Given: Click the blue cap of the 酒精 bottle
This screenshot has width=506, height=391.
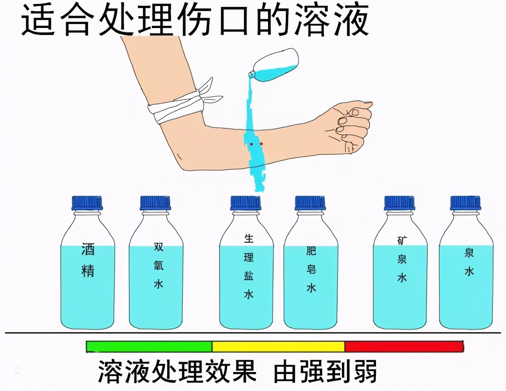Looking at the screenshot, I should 87,203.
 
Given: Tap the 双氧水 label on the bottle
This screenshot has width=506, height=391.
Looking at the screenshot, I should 159,265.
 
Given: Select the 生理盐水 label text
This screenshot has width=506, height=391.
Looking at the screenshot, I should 249,267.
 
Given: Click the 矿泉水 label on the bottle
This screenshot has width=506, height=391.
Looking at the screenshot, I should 402,259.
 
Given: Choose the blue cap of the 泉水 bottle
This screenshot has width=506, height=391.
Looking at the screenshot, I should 466,203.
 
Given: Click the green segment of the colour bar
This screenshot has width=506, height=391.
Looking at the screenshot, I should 149,346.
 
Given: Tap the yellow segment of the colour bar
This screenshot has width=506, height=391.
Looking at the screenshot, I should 278,346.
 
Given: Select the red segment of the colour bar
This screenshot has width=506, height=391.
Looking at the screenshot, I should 404,346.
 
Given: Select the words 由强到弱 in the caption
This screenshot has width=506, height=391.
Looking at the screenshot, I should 325,371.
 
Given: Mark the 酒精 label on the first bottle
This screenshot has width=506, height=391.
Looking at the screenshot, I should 88,260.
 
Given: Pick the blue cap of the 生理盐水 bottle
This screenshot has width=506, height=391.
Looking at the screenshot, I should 245,203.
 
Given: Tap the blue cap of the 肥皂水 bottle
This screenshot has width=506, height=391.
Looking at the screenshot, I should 310,203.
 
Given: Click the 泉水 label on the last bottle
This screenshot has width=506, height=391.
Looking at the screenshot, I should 469,261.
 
